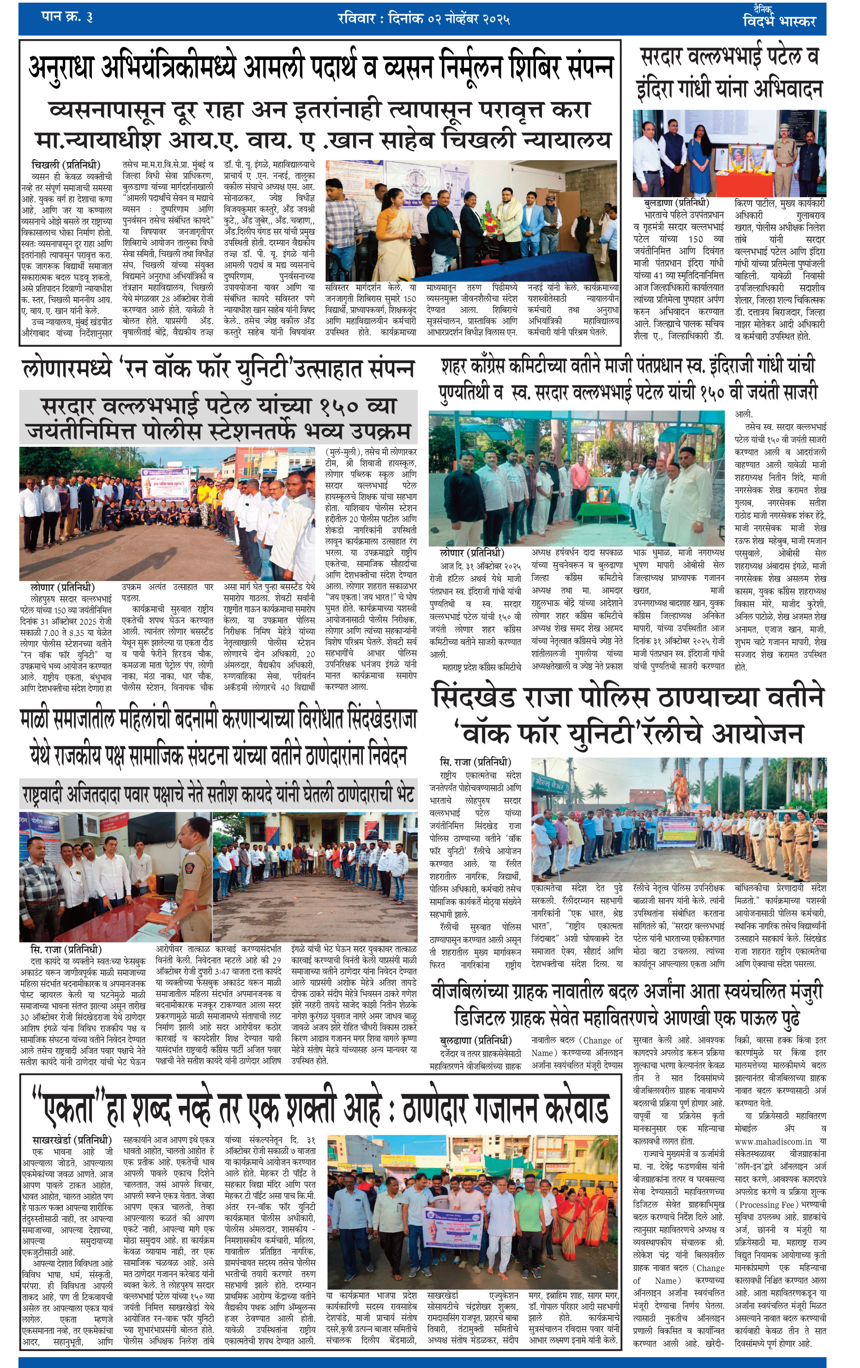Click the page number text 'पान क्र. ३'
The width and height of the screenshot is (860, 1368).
coord(67,17)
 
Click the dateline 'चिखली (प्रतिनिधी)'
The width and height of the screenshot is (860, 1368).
coord(66,165)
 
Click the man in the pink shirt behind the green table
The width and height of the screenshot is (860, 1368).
coord(579,477)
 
